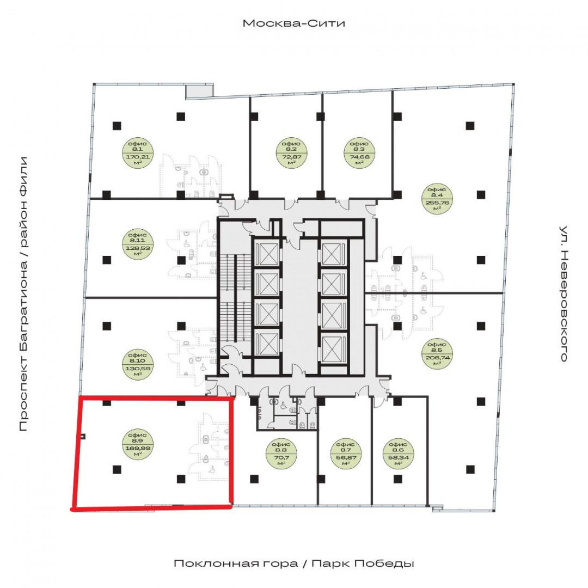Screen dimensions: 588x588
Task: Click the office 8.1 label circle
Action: click(x=138, y=153)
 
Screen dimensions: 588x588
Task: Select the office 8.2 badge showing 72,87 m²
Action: click(x=291, y=153)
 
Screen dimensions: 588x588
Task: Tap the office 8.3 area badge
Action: click(x=359, y=153)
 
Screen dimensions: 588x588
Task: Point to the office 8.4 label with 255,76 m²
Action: click(x=437, y=199)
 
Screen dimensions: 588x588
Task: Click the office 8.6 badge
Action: click(x=398, y=454)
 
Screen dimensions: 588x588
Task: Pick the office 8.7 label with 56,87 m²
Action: click(x=346, y=454)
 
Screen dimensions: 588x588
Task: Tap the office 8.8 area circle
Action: click(x=281, y=454)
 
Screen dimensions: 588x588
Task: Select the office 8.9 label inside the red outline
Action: click(x=138, y=444)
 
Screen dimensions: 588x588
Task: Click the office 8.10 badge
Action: click(x=138, y=364)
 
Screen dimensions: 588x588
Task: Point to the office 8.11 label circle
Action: click(x=138, y=244)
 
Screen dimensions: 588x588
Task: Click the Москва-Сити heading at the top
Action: click(x=294, y=23)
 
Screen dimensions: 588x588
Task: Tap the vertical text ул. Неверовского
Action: click(x=563, y=293)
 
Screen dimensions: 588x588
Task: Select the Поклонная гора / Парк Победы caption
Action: click(x=294, y=563)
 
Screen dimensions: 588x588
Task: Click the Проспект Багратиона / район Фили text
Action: click(x=23, y=293)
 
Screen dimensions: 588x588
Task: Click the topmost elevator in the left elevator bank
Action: click(x=267, y=254)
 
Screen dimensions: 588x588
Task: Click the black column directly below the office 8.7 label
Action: click(x=321, y=479)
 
